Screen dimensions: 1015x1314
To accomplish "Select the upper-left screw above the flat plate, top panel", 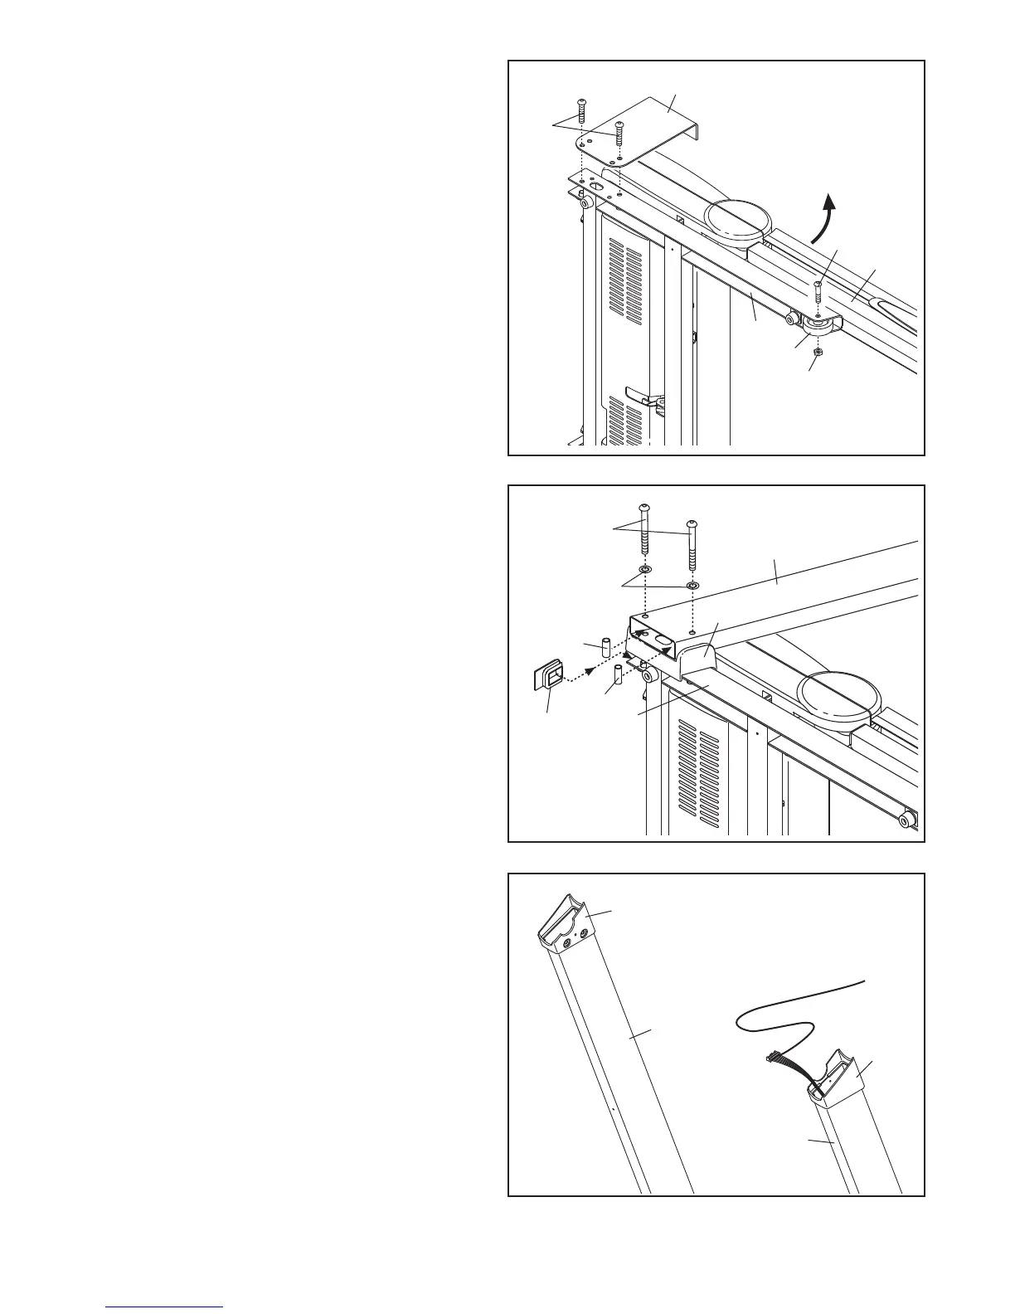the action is (581, 109).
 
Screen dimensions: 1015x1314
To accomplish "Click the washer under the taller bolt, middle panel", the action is (644, 571).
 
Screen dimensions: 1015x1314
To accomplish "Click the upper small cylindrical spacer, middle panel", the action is (605, 648).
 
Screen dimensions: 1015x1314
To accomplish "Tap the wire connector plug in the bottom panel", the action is (775, 1057).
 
